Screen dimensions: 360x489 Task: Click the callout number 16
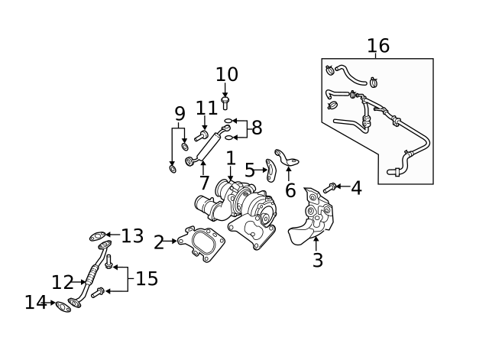pos(378,46)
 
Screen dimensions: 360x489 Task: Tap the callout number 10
pos(227,75)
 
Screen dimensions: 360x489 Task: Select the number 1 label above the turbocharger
pos(230,159)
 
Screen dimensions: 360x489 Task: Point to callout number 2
pos(158,243)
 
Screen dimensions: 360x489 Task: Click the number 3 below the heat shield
pos(318,261)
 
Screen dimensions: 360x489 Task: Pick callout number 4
pos(356,187)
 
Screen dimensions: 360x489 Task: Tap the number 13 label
pos(132,236)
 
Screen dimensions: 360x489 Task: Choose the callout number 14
pos(35,303)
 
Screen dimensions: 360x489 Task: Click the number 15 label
pos(147,279)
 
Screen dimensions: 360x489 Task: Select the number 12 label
pos(63,283)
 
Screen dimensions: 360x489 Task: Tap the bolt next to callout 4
pos(329,187)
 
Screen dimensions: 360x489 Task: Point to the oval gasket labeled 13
pos(96,236)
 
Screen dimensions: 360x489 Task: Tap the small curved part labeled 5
pos(270,170)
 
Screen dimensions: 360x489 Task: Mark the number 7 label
pos(204,183)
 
